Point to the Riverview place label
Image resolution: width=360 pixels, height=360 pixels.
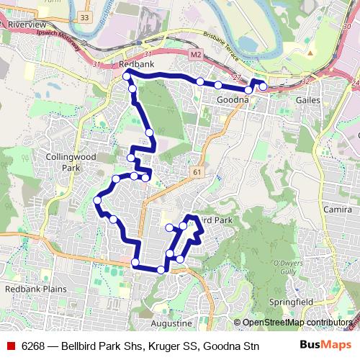pyautogui.click(x=27, y=24)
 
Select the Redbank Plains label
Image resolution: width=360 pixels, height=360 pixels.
pyautogui.click(x=35, y=289)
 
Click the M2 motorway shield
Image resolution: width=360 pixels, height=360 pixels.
pyautogui.click(x=197, y=54)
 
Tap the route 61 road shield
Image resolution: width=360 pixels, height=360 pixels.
pyautogui.click(x=197, y=172)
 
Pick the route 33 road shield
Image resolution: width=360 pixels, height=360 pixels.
pyautogui.click(x=86, y=17)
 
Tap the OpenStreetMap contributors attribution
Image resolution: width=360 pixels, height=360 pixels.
pyautogui.click(x=297, y=323)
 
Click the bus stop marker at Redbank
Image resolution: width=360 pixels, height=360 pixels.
pyautogui.click(x=127, y=76)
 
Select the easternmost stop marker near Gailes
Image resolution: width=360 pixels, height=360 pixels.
pyautogui.click(x=263, y=86)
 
